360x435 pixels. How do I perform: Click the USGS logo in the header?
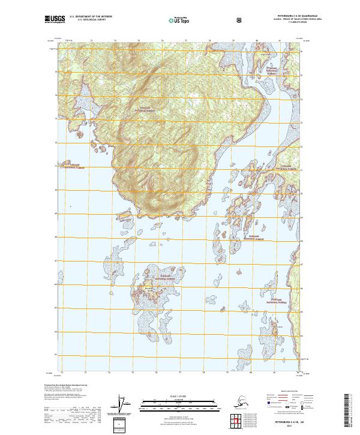tap(55, 20)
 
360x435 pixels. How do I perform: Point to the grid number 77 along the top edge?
tap(186, 41)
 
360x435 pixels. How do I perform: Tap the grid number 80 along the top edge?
tap(257, 41)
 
